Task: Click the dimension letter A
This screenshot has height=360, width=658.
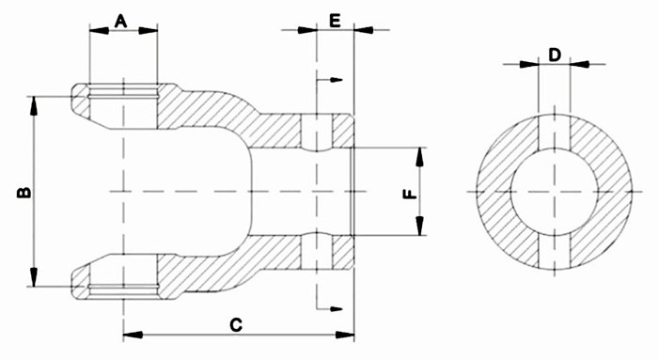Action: (122, 20)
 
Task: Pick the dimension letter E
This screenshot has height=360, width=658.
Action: (335, 20)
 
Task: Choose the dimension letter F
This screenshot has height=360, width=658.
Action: (408, 195)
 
